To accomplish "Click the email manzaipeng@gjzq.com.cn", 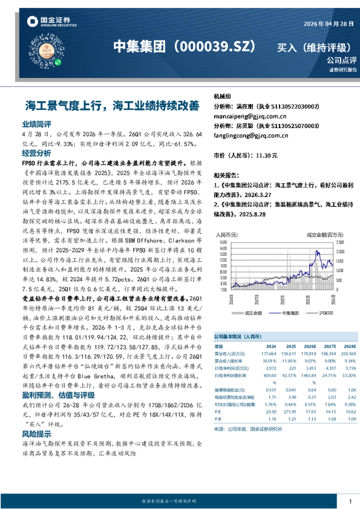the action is (x=250, y=115).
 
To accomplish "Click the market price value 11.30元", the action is (x=267, y=155).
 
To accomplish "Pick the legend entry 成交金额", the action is (x=251, y=313).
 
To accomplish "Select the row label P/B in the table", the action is (x=218, y=418).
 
